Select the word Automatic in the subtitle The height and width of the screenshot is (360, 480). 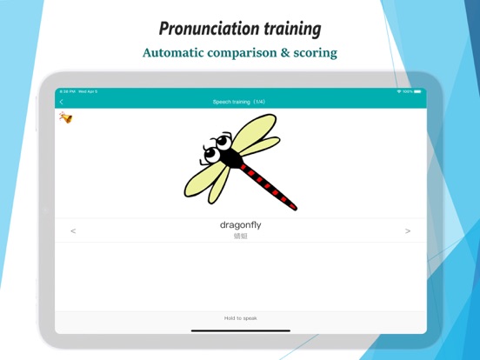(178, 53)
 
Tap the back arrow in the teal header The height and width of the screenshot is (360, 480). (62, 102)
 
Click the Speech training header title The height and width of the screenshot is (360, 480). (240, 102)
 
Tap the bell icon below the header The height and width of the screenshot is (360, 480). (65, 117)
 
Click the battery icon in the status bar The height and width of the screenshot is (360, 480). (418, 91)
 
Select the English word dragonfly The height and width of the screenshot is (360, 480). (240, 225)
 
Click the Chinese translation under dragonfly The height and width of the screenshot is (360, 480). (240, 236)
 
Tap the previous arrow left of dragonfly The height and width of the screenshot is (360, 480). (73, 231)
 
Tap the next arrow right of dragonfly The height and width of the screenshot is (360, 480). (408, 231)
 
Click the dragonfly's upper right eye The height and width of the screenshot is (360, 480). (223, 139)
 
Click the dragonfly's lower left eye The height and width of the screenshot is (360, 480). (210, 155)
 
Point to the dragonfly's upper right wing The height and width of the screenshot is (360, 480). (258, 130)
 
